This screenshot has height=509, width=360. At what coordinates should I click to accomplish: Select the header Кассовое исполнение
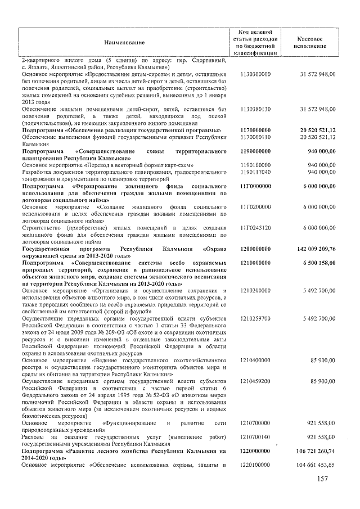(308, 42)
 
